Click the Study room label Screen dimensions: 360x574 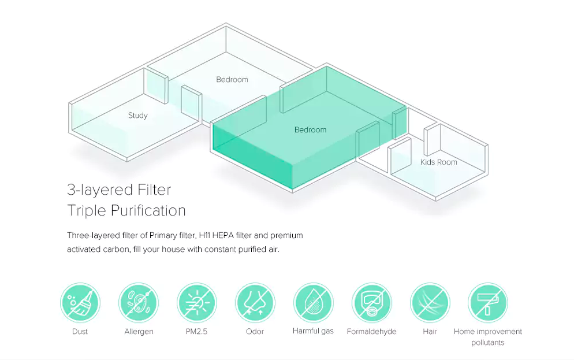point(138,116)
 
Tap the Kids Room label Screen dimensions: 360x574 point(438,162)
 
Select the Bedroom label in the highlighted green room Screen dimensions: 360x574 point(310,130)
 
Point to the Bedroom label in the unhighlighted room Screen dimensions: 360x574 point(232,80)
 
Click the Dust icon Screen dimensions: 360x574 point(80,303)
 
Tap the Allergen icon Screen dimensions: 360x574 point(139,303)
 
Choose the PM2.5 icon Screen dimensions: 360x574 point(197,303)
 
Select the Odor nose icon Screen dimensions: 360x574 point(255,303)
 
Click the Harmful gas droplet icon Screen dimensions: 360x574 point(314,303)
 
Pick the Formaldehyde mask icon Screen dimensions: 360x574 point(372,303)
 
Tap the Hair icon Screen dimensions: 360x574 point(430,303)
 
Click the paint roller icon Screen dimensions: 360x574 point(488,303)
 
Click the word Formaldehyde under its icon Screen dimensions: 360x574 point(371,332)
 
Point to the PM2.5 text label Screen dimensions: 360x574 point(197,332)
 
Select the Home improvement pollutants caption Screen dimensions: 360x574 point(488,337)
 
